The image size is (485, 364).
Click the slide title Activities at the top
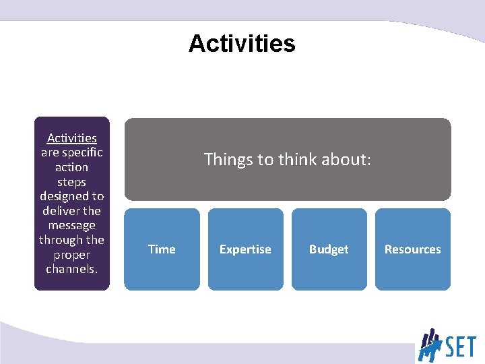[242, 44]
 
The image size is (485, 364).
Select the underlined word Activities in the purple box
[72, 138]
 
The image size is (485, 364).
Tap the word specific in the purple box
[82, 152]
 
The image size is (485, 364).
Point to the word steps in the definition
[72, 182]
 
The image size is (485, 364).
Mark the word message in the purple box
[72, 226]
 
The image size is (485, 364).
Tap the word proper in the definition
[72, 255]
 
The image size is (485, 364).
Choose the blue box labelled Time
[162, 249]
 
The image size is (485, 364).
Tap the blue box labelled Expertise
[245, 249]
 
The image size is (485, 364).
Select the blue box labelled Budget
[329, 249]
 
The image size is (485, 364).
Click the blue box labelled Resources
[412, 249]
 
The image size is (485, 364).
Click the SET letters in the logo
[459, 347]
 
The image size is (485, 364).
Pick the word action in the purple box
[72, 167]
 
